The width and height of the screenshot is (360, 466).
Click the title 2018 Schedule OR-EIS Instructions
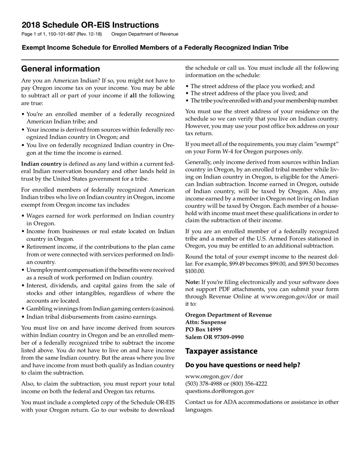point(90,25)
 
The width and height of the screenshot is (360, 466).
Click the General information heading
point(61,69)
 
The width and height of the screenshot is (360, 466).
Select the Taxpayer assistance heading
point(221,351)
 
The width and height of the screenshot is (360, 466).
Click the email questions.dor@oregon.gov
point(220,391)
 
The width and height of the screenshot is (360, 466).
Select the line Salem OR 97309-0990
point(214,337)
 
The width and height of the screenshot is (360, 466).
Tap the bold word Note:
point(192,282)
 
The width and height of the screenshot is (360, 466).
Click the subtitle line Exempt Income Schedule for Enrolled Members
point(155,48)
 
